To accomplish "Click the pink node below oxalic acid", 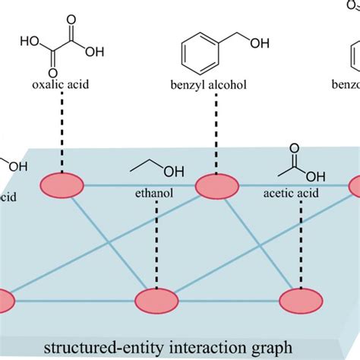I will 61,185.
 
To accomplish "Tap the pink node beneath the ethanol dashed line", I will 156,301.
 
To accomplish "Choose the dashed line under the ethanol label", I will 156,243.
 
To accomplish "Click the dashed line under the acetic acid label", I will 300,243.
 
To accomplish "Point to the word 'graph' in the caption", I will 273,349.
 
